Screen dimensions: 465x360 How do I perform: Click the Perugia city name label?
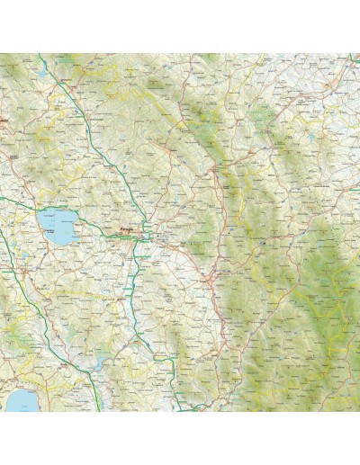click(x=126, y=228)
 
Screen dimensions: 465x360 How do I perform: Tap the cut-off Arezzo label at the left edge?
click(x=4, y=116)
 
